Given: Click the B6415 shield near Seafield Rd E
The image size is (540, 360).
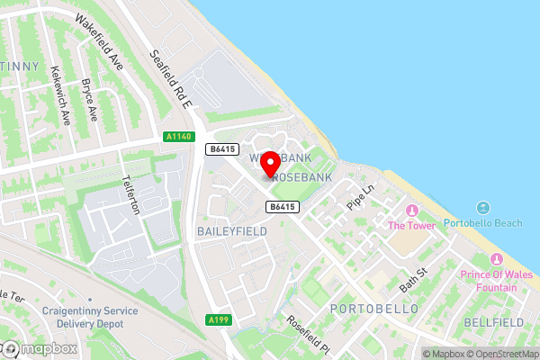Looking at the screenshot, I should pyautogui.click(x=221, y=149).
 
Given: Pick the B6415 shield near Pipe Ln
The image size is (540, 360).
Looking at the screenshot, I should pyautogui.click(x=282, y=207).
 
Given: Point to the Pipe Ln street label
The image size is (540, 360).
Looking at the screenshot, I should pyautogui.click(x=361, y=195).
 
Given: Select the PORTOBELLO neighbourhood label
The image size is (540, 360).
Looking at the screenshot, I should pyautogui.click(x=374, y=309).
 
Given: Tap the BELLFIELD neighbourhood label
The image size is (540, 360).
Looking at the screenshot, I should pyautogui.click(x=492, y=321).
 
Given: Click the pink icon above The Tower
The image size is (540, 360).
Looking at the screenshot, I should pyautogui.click(x=412, y=211).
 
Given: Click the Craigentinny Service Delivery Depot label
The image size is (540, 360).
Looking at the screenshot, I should pyautogui.click(x=88, y=317).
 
